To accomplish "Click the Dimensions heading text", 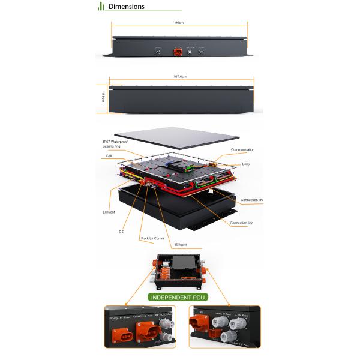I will pos(126,7).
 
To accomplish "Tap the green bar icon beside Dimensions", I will pos(101,6).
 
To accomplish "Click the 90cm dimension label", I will pos(179,22).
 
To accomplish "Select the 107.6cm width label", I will pos(180,77).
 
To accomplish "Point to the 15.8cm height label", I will pos(103,97).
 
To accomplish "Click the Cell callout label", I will pos(109,156).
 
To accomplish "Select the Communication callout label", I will pos(242,149).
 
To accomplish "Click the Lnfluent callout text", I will pos(109,211).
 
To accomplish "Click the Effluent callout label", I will pos(181,244).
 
